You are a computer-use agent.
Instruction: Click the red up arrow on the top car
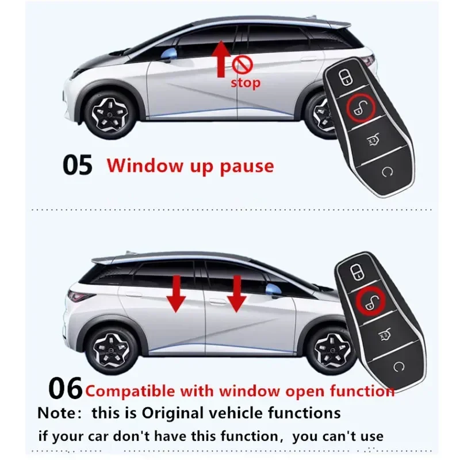coord(221,59)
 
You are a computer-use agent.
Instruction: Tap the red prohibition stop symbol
coord(242,64)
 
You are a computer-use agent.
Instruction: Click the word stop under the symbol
coord(246,83)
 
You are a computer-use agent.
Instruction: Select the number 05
coord(78,165)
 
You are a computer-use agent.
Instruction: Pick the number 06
coord(65,388)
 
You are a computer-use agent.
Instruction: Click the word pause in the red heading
coord(247,166)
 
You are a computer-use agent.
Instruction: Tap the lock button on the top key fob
coord(344,77)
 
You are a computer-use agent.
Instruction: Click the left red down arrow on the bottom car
coord(176,294)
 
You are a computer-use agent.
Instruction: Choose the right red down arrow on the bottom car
coord(237,294)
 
